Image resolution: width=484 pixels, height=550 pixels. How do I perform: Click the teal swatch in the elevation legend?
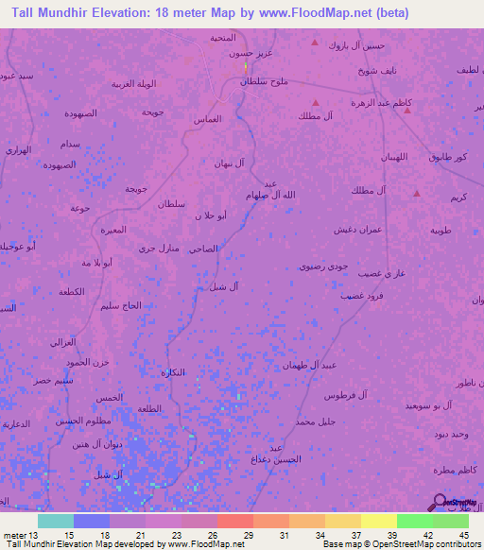[55, 520]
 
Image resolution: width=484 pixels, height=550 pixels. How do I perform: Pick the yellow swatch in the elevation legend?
[378, 520]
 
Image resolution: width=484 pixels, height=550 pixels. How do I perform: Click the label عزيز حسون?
[251, 54]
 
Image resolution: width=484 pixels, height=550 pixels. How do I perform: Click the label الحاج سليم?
[122, 305]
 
